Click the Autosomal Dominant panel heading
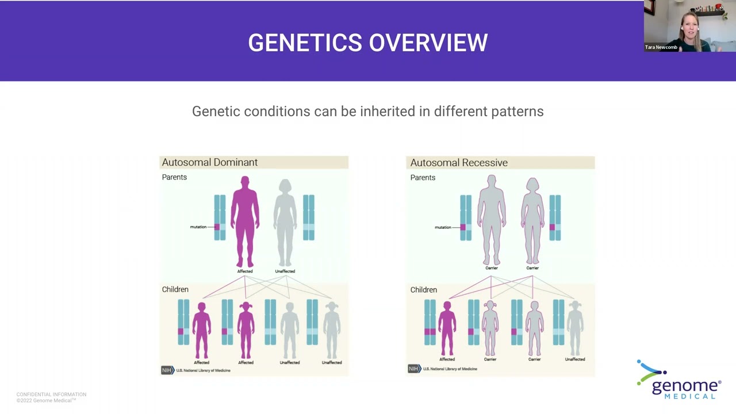pyautogui.click(x=209, y=162)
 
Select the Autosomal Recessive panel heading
pyautogui.click(x=458, y=163)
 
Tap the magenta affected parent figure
pyautogui.click(x=245, y=221)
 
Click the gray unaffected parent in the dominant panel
pyautogui.click(x=285, y=221)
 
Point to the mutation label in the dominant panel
pyautogui.click(x=198, y=227)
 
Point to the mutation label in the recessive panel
pyautogui.click(x=443, y=227)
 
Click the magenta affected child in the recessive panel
pyautogui.click(x=447, y=328)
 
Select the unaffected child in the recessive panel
pyautogui.click(x=575, y=328)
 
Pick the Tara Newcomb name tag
pyautogui.click(x=661, y=47)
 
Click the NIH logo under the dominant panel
pyautogui.click(x=167, y=370)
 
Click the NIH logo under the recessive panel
pyautogui.click(x=413, y=369)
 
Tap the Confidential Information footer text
pyautogui.click(x=51, y=394)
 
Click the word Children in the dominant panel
pyautogui.click(x=175, y=289)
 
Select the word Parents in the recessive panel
pyautogui.click(x=423, y=178)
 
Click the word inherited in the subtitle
pyautogui.click(x=388, y=111)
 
